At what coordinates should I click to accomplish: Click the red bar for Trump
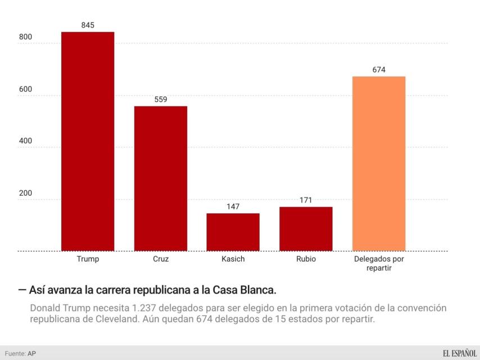[x=88, y=141]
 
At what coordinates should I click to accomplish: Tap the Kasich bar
[x=233, y=232]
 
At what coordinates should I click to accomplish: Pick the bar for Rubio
[x=306, y=228]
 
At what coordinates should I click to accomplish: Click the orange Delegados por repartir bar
[x=379, y=163]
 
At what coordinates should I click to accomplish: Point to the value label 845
[x=88, y=25]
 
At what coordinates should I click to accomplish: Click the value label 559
[x=161, y=100]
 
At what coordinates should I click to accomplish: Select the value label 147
[x=233, y=206]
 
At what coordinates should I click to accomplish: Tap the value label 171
[x=306, y=200]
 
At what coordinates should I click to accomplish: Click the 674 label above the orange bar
[x=379, y=70]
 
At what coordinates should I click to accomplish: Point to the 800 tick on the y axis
[x=26, y=37]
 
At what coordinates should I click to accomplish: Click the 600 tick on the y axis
[x=26, y=89]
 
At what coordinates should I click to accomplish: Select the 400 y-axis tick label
[x=26, y=141]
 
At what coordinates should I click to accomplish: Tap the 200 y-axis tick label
[x=26, y=193]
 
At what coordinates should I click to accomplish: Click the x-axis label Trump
[x=88, y=260]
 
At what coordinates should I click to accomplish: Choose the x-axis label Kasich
[x=233, y=260]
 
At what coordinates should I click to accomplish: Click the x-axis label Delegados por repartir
[x=379, y=264]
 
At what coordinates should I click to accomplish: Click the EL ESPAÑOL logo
[x=451, y=353]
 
